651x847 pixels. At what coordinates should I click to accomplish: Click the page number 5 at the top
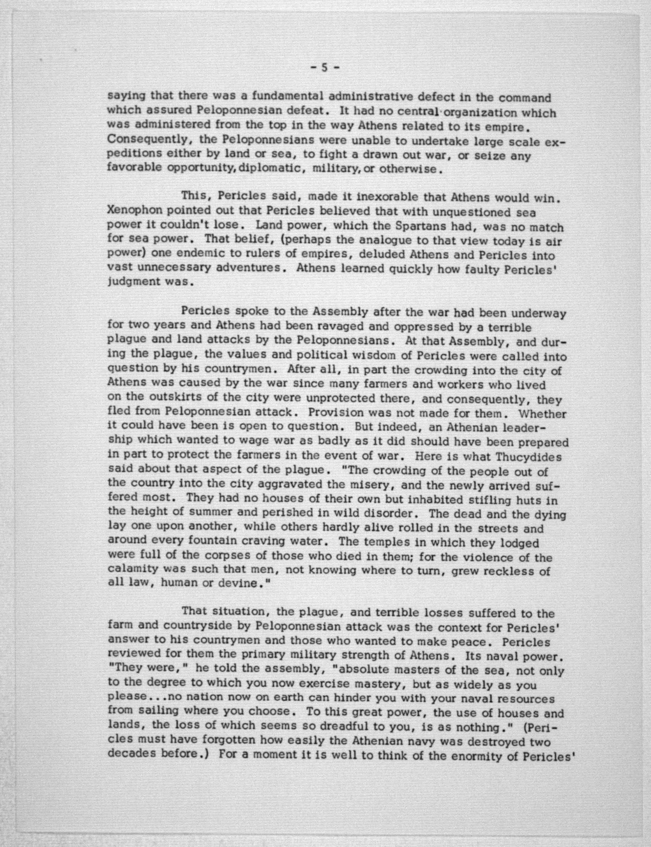point(325,68)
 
